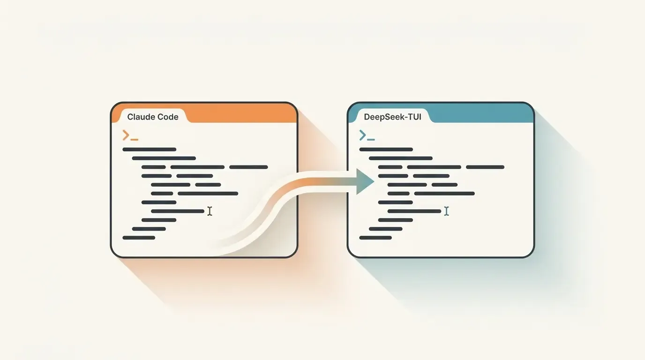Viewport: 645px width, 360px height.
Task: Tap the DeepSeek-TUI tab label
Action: click(x=392, y=117)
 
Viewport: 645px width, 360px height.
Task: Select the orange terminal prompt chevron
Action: click(x=126, y=135)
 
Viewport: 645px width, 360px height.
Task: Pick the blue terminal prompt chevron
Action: click(x=362, y=135)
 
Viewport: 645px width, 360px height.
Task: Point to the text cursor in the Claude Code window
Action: click(x=210, y=211)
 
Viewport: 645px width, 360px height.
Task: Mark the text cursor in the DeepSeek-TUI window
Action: click(x=446, y=211)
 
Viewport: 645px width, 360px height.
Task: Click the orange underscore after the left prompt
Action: click(x=135, y=140)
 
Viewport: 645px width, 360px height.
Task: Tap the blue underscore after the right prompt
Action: click(x=371, y=140)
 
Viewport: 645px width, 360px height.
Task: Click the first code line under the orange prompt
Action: click(x=150, y=150)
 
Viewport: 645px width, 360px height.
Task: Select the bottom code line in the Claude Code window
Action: click(x=139, y=238)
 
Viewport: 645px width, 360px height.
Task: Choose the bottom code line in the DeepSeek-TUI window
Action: click(x=375, y=238)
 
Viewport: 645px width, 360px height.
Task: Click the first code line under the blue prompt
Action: click(x=386, y=150)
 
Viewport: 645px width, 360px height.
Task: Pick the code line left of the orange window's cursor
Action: click(x=178, y=211)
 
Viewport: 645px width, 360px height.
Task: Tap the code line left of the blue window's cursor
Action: click(x=414, y=211)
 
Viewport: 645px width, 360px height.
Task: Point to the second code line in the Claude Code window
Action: click(x=164, y=158)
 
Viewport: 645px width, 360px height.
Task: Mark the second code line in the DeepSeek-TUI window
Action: click(x=400, y=158)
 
